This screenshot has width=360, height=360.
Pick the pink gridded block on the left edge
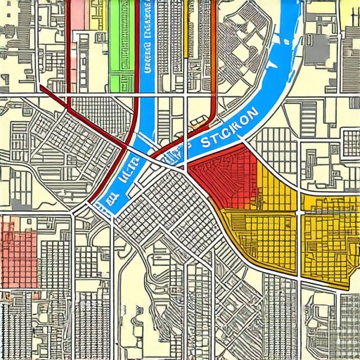pyautogui.click(x=18, y=246)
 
